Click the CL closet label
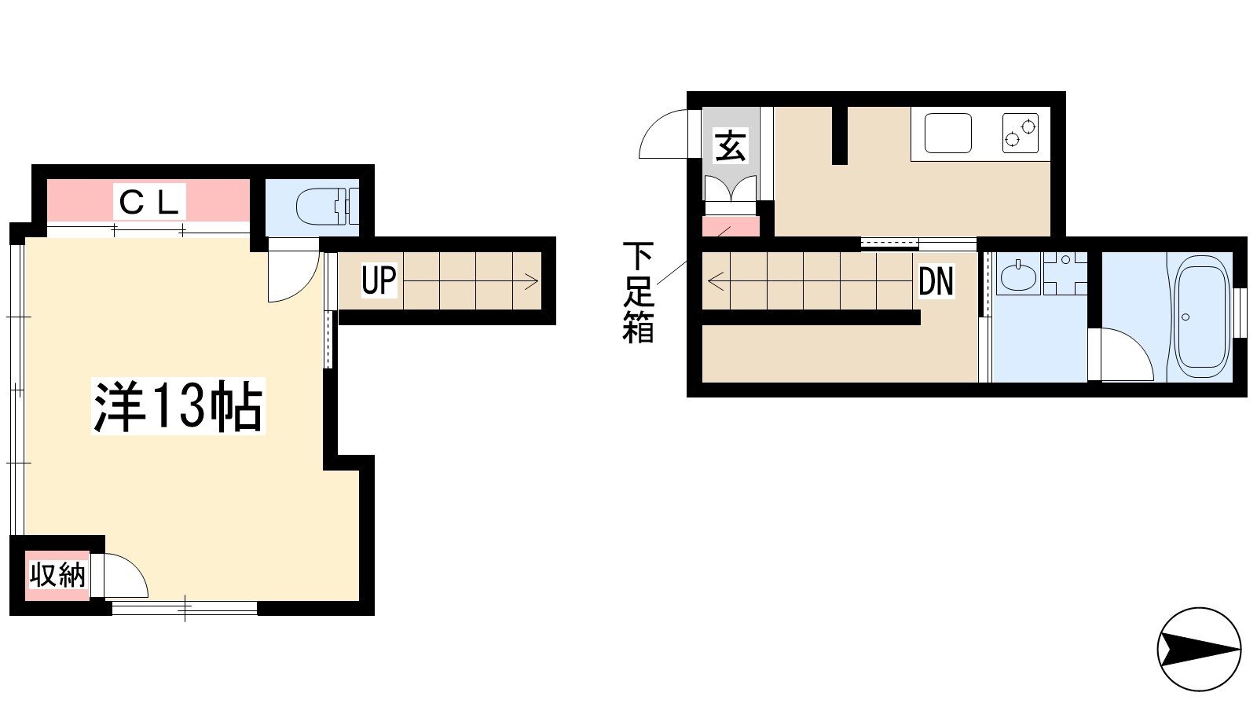click(148, 202)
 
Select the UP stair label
click(379, 280)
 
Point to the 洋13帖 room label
click(178, 406)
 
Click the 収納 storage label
click(57, 574)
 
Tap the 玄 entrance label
click(730, 145)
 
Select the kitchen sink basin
click(947, 133)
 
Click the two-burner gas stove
click(1021, 133)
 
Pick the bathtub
click(1201, 317)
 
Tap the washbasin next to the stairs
click(1018, 276)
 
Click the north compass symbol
click(1199, 649)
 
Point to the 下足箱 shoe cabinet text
click(638, 292)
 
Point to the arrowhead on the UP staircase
click(531, 280)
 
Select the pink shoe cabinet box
click(731, 226)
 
